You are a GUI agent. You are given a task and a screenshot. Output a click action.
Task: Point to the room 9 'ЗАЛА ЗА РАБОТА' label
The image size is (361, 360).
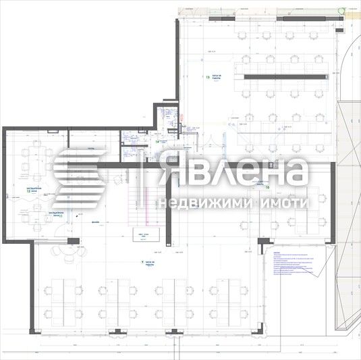coord(148,265)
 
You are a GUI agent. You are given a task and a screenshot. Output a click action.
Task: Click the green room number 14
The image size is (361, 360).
coord(157,142)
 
